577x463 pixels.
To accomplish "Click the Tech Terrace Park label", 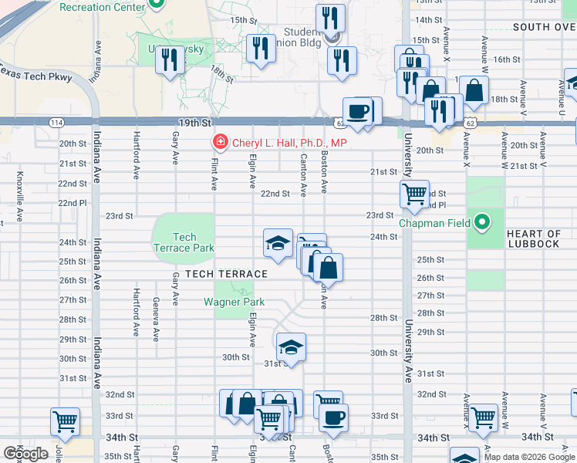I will (184, 243).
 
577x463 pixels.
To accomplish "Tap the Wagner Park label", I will (235, 302).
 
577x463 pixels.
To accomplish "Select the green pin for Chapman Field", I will (483, 223).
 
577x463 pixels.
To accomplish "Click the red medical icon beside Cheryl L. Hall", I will (219, 143).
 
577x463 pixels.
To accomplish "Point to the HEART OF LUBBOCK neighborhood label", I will (534, 238).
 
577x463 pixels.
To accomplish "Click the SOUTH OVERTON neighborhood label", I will (543, 26).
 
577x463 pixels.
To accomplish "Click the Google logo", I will (25, 454).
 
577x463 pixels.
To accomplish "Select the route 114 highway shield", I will (58, 123).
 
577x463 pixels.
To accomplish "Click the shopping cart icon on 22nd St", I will (414, 194).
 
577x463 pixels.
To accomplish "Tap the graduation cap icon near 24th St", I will (278, 242).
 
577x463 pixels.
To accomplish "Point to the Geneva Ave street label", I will (156, 319).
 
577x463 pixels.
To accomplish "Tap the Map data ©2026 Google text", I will (529, 457).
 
